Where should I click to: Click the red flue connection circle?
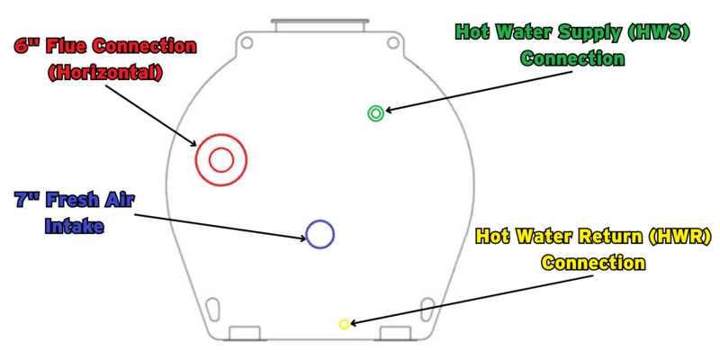coord(221,160)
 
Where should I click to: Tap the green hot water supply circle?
coord(376,113)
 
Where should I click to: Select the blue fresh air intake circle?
coord(319,234)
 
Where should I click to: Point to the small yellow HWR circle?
coord(344,324)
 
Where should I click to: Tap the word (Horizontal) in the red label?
coord(104,73)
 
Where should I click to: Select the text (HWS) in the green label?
coord(658,32)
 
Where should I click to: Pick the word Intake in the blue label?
coord(75,226)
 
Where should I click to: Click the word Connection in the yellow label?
coord(593,263)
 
